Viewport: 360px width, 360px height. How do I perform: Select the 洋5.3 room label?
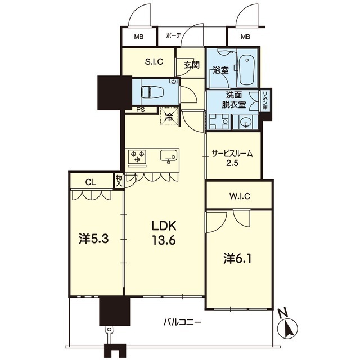point(93,238)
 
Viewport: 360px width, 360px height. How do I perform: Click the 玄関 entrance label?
point(191,64)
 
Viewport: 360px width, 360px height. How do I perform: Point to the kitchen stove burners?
point(137,157)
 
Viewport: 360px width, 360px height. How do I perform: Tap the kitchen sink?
point(169,156)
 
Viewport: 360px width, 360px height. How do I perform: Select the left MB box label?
point(138,37)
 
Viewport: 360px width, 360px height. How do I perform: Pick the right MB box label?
point(245,37)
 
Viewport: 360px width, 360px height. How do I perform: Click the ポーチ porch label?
point(174,35)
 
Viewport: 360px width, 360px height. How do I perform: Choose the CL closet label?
point(90,182)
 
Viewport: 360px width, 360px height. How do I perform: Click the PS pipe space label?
point(138,110)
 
